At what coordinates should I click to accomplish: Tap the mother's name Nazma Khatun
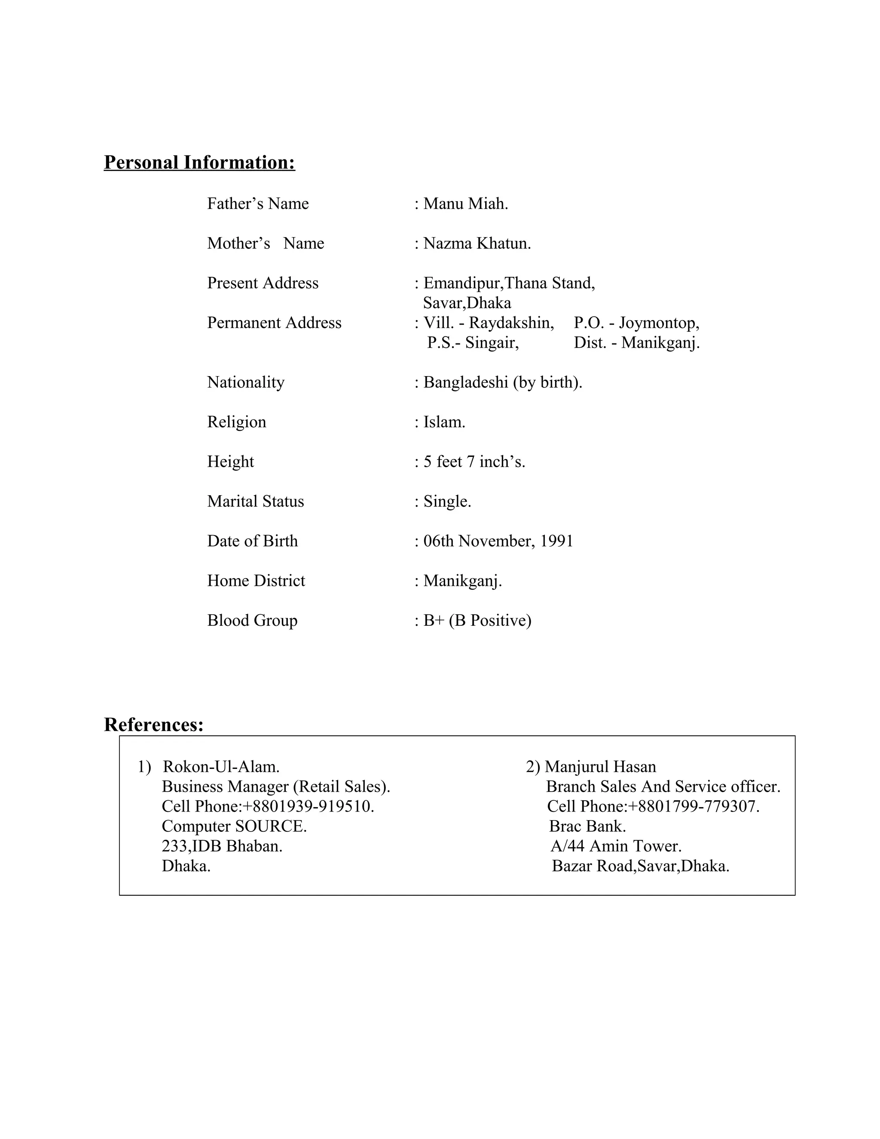point(477,243)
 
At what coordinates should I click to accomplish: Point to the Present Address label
point(263,283)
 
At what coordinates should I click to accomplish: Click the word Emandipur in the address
point(462,283)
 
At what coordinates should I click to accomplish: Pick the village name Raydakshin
point(511,323)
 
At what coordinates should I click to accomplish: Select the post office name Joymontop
point(659,323)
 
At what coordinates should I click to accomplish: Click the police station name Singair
point(492,343)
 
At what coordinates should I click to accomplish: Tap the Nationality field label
point(245,382)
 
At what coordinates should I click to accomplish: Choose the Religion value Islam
point(444,422)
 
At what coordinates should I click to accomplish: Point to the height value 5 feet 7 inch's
point(474,462)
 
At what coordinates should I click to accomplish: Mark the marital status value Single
point(447,501)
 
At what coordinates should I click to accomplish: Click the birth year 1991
point(556,541)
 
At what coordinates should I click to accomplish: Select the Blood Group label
point(252,620)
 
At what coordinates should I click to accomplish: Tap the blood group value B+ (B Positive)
point(477,620)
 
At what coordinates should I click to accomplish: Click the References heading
point(154,724)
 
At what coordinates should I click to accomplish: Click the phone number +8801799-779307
point(694,806)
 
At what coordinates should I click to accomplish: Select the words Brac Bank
point(587,826)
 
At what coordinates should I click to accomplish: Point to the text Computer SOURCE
point(234,826)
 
